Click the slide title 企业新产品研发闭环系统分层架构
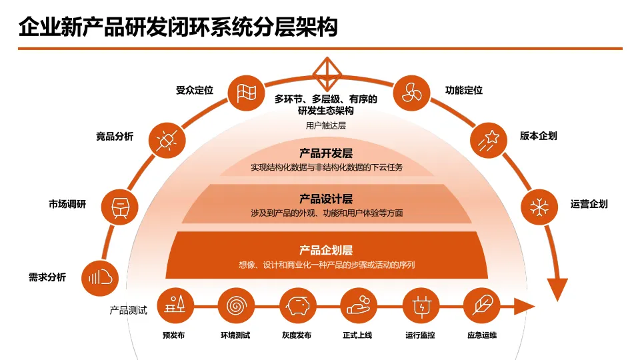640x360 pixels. point(178,27)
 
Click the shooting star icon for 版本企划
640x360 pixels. point(490,139)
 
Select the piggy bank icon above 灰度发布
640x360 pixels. point(297,306)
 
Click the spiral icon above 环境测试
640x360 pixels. point(235,306)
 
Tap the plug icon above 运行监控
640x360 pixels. point(420,306)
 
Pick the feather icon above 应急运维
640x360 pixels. point(481,306)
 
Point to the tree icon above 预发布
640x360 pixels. point(175,306)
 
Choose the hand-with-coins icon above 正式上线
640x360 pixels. point(358,306)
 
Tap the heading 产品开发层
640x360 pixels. point(326,153)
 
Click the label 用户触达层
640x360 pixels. point(326,125)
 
